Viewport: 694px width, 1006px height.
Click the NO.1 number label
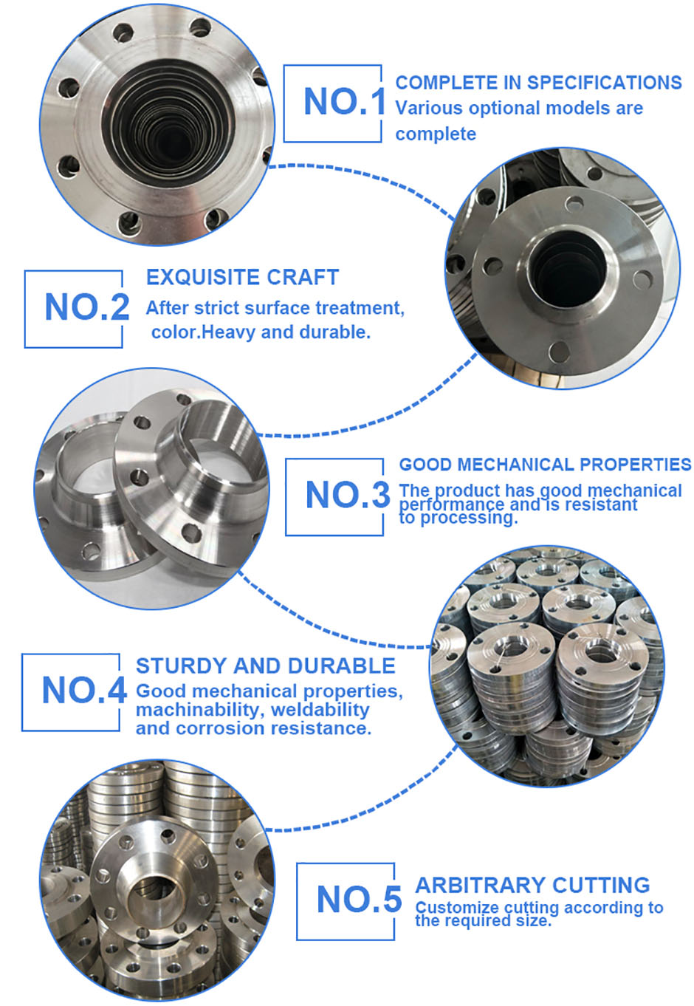[x=344, y=101]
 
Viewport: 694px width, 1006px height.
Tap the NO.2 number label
[x=87, y=307]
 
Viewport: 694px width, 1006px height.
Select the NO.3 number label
[x=348, y=495]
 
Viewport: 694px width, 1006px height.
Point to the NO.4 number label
[x=84, y=691]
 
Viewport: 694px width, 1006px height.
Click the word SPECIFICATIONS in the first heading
[x=604, y=83]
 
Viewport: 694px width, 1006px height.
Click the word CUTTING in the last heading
[x=601, y=885]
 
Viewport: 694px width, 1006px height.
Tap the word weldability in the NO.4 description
[x=320, y=710]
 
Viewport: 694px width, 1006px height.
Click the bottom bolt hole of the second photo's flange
[x=559, y=352]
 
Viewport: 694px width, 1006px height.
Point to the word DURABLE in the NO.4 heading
[x=341, y=665]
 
